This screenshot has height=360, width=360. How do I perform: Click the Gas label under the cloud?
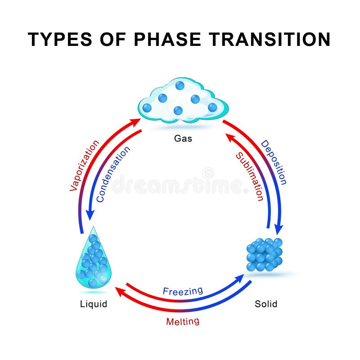point(183,138)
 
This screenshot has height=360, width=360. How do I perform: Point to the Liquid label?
point(94,304)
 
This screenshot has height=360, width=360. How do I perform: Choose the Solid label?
point(266,304)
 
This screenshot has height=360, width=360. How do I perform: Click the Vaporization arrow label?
point(85,166)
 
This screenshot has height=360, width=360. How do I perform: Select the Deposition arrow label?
point(274,162)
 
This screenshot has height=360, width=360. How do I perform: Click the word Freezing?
point(183,291)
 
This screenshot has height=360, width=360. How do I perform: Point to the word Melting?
point(183,322)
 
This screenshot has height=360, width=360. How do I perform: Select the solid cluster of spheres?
point(265,255)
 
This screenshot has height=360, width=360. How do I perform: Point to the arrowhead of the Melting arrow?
point(119,291)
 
